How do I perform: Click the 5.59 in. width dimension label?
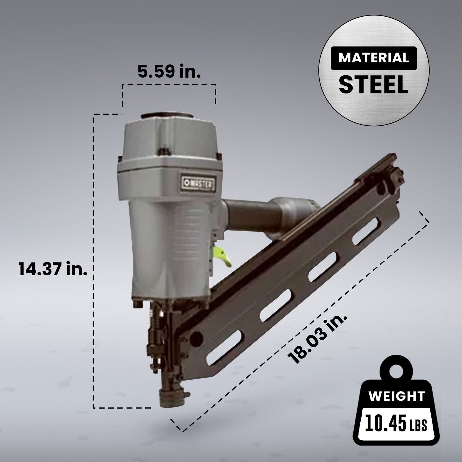tap(169, 71)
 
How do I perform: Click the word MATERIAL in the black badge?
tap(374, 58)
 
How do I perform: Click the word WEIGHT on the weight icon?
tap(397, 396)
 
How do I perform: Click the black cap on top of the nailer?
tap(167, 115)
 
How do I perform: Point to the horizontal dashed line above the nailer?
tap(169, 85)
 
